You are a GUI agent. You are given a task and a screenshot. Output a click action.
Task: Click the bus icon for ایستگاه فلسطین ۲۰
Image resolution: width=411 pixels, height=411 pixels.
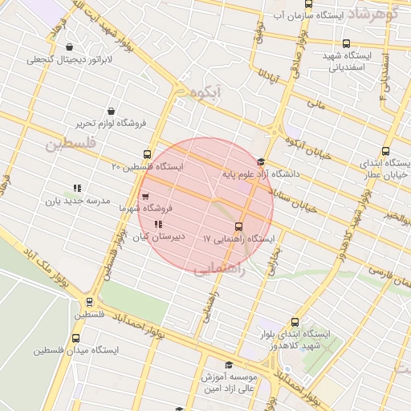(147, 153)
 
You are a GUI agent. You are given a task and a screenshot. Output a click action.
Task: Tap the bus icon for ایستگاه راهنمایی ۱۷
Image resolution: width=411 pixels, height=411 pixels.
(238, 226)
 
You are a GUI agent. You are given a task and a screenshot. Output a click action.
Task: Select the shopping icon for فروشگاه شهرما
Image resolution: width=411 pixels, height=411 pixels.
(144, 195)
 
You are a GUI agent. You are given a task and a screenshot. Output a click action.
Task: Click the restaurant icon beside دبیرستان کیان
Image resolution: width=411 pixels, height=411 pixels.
(157, 224)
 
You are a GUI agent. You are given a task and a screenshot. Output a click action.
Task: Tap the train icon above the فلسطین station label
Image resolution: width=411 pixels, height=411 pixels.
(89, 303)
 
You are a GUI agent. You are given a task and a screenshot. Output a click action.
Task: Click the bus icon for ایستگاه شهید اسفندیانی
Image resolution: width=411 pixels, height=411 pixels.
(346, 44)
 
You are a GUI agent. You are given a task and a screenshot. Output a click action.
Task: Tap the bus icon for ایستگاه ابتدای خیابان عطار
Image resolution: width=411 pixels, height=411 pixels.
(386, 151)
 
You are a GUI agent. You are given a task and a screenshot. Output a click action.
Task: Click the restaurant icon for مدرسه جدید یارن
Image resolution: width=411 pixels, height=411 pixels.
(77, 188)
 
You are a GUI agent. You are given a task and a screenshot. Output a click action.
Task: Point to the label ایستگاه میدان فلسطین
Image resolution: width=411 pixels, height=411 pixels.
(76, 351)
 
